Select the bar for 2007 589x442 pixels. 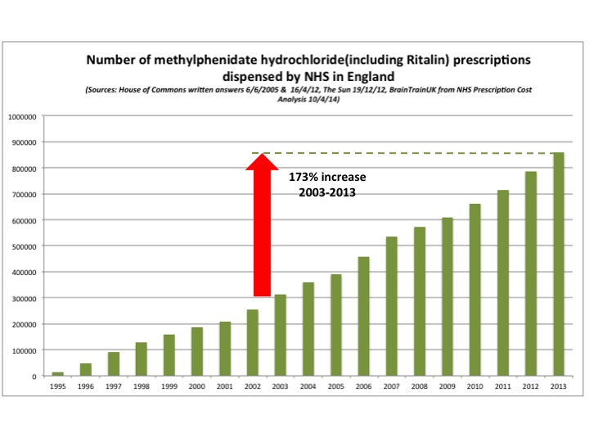click(392, 306)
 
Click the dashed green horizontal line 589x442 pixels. click(409, 153)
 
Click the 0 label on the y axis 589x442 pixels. click(34, 377)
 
